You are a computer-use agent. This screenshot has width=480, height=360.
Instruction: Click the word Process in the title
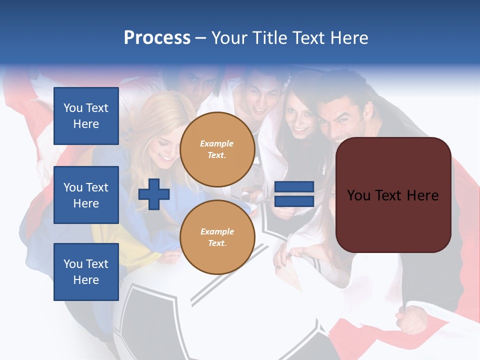157,38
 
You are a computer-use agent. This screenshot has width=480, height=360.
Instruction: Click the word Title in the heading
267,38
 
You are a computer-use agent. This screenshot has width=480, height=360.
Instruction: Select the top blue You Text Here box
86,116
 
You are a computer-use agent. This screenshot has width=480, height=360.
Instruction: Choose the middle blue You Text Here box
86,195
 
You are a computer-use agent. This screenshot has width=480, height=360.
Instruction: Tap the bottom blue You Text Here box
86,271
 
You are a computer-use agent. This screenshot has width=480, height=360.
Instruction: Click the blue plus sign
154,194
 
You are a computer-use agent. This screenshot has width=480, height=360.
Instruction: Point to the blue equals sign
294,194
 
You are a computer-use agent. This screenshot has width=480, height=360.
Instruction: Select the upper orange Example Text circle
217,149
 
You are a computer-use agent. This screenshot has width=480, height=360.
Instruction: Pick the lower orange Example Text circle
217,237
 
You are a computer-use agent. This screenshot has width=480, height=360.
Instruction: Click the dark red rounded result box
393,195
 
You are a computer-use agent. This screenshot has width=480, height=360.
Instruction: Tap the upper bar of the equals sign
294,187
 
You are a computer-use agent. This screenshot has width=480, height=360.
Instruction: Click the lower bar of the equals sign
294,201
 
